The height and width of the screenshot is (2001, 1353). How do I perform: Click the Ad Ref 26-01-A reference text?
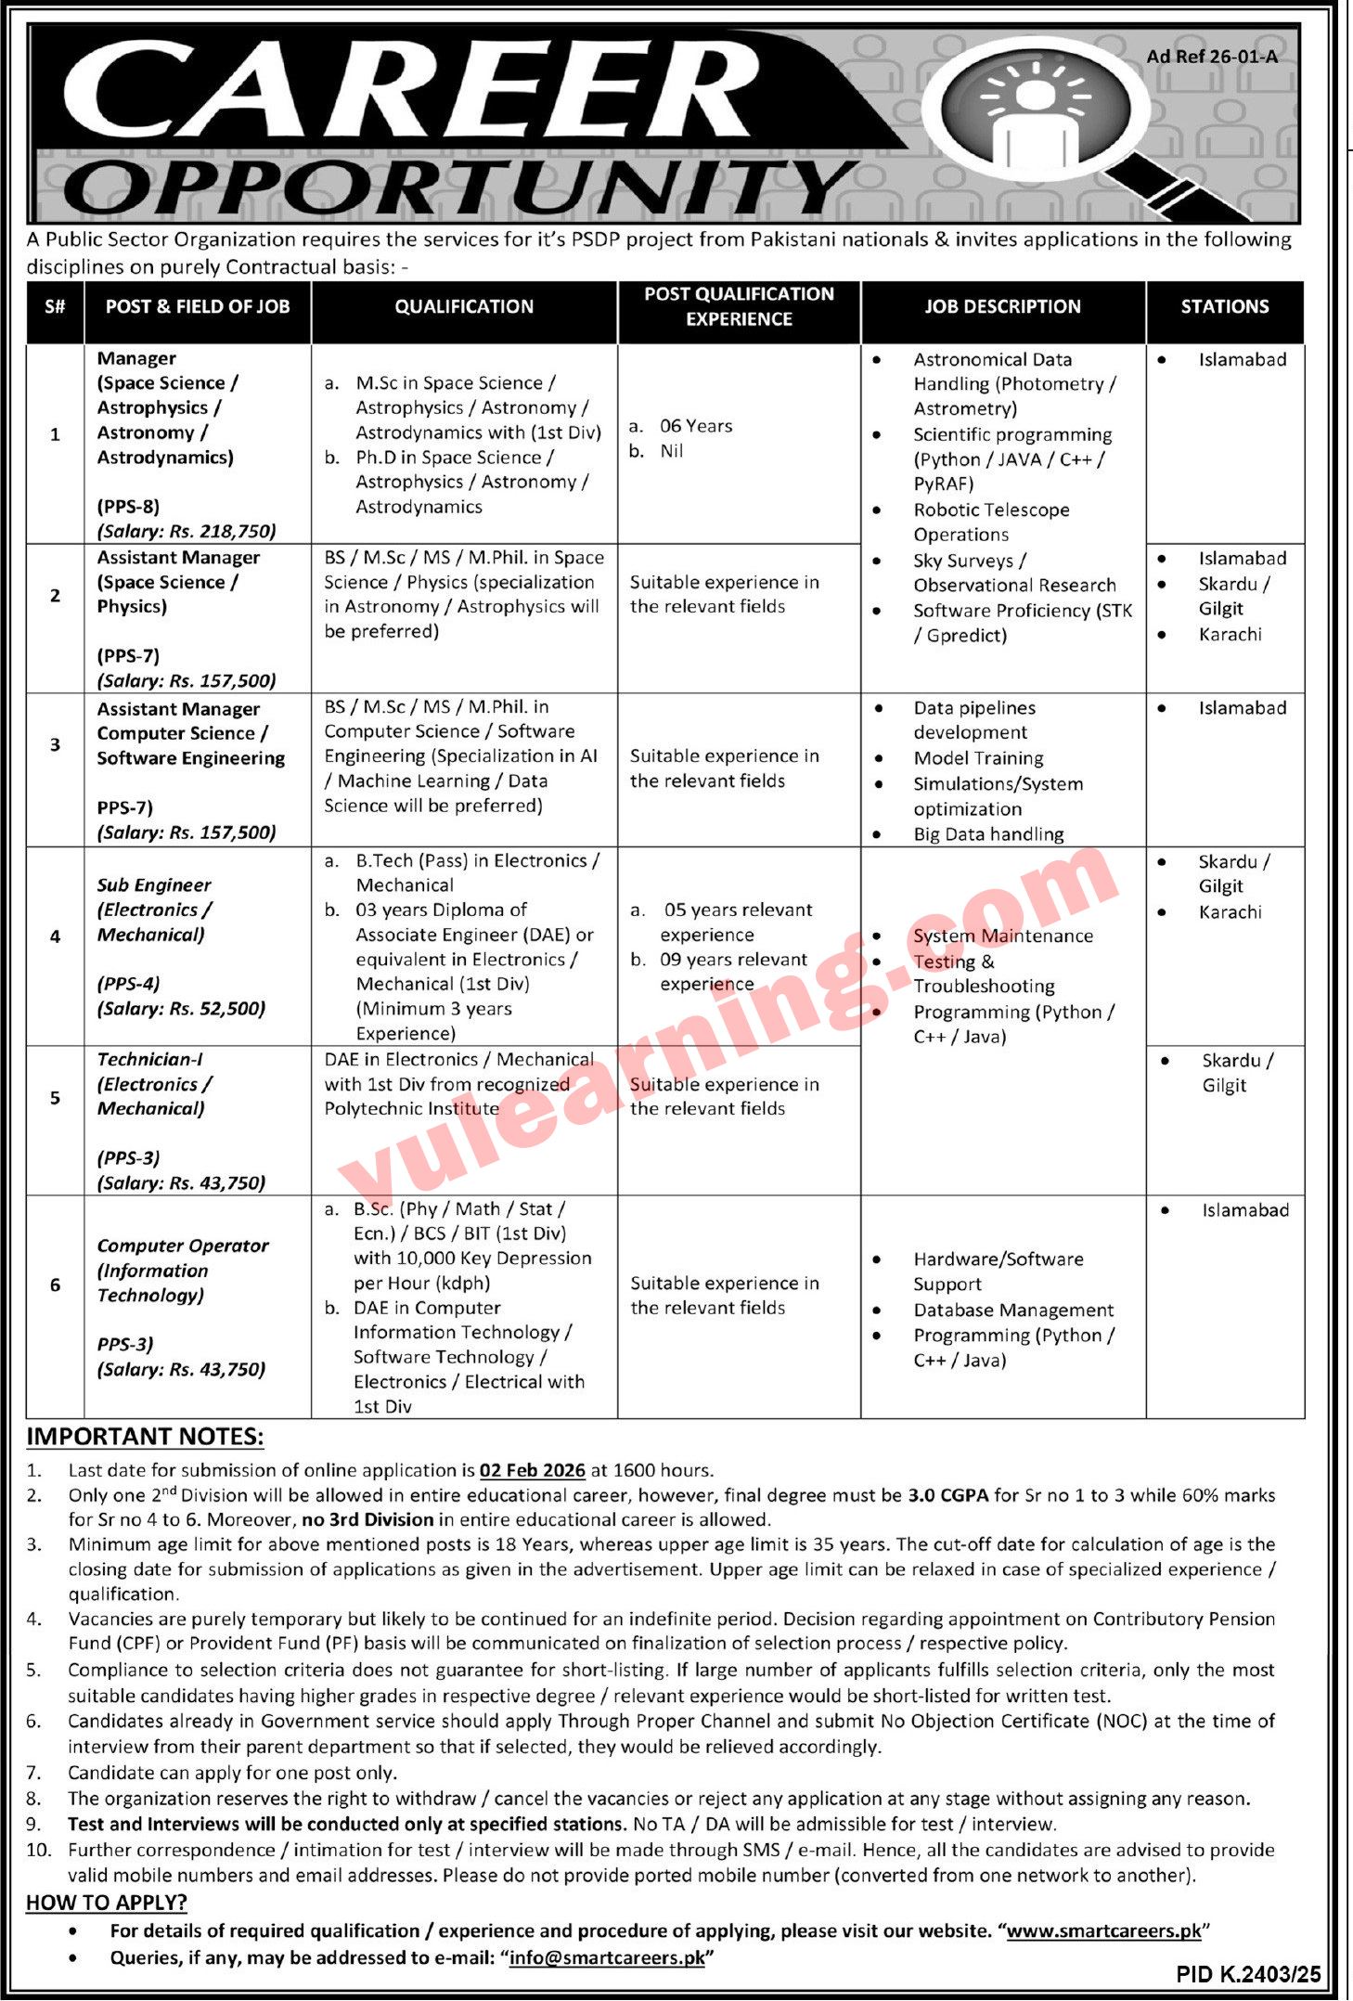pyautogui.click(x=1211, y=57)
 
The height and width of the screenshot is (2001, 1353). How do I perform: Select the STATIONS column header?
pyautogui.click(x=1224, y=306)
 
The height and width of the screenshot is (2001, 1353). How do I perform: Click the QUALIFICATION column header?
pyautogui.click(x=464, y=306)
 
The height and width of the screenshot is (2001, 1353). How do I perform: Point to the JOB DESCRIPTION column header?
pyautogui.click(x=1002, y=306)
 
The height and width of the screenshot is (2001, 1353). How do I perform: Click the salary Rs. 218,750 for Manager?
pyautogui.click(x=187, y=531)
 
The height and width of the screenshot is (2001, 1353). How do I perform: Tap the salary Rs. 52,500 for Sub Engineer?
pyautogui.click(x=181, y=1008)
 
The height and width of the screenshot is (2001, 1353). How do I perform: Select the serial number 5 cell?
pyautogui.click(x=55, y=1098)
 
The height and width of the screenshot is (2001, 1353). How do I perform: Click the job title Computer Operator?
pyautogui.click(x=183, y=1246)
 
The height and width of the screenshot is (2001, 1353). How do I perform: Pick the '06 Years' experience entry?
pyautogui.click(x=695, y=426)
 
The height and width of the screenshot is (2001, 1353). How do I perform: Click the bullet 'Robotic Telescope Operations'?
pyautogui.click(x=990, y=522)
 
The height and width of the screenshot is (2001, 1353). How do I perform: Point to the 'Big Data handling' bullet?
pyautogui.click(x=988, y=833)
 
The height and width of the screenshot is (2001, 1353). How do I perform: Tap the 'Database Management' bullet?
pyautogui.click(x=1013, y=1310)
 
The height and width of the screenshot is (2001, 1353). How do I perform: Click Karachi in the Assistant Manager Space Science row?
pyautogui.click(x=1230, y=634)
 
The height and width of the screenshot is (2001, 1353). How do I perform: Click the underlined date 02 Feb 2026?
pyautogui.click(x=532, y=1470)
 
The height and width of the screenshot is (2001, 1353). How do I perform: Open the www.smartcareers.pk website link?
pyautogui.click(x=1103, y=1931)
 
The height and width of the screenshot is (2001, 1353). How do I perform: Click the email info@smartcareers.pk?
pyautogui.click(x=607, y=1957)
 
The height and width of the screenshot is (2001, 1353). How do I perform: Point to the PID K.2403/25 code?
pyautogui.click(x=1248, y=1974)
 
